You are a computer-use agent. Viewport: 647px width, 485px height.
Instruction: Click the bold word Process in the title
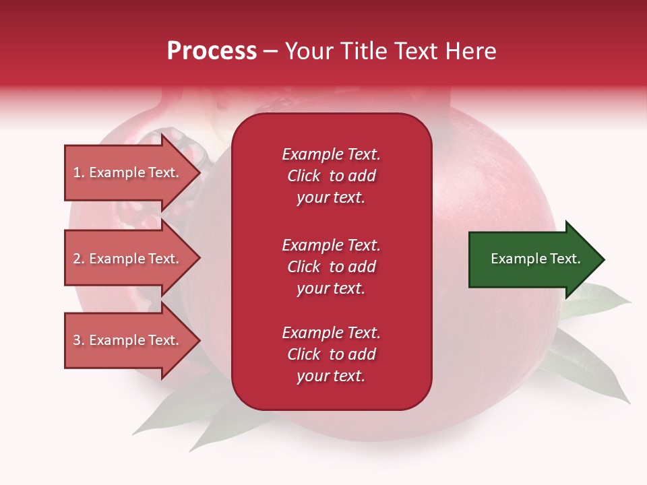pos(212,51)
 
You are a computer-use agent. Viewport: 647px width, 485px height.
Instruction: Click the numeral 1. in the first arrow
pos(79,172)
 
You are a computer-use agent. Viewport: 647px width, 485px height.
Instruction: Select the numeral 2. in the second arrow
pos(79,259)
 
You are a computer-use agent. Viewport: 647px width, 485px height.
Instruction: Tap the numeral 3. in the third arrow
pos(79,340)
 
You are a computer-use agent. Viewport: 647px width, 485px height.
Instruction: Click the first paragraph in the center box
pos(331,176)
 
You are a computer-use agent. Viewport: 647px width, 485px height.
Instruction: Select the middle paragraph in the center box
pos(331,267)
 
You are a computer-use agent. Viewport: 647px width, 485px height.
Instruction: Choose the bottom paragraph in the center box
pos(331,354)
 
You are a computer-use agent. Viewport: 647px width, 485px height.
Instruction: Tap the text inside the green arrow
pos(536,259)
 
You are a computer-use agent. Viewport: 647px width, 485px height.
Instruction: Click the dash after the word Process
pos(270,51)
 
